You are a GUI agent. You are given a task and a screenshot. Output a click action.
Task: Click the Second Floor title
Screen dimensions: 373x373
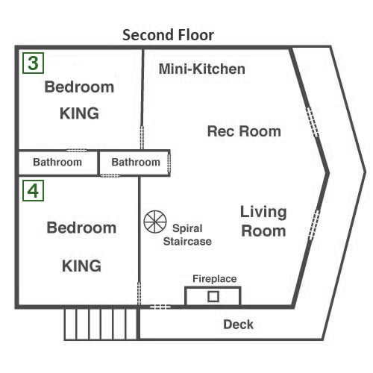click(168, 35)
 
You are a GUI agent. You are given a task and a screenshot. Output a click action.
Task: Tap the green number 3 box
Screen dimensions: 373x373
click(33, 63)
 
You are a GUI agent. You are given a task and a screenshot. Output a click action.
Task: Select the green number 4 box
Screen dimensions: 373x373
click(33, 191)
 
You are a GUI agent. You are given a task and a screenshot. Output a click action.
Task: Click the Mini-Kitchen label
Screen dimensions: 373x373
click(202, 69)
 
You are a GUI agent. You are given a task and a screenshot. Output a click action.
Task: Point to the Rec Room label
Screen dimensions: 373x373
click(244, 131)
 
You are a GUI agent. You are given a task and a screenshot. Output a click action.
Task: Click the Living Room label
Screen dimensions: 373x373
click(263, 221)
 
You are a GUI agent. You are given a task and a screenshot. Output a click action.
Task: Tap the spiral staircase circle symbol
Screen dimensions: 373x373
click(155, 222)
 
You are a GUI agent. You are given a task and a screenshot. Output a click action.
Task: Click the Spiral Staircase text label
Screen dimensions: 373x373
click(187, 235)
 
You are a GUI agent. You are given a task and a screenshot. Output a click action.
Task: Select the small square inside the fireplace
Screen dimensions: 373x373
click(213, 296)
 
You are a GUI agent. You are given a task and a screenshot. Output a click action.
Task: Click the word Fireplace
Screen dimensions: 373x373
click(215, 279)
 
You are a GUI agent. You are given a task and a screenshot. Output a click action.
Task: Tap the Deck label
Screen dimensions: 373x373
click(238, 325)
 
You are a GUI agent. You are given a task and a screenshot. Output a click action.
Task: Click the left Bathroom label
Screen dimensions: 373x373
click(57, 162)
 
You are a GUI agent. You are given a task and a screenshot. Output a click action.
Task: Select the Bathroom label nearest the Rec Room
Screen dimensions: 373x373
click(136, 162)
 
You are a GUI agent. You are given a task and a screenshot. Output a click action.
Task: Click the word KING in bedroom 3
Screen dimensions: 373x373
click(79, 113)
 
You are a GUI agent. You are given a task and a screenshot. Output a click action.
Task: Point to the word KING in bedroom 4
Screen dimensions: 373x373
click(81, 266)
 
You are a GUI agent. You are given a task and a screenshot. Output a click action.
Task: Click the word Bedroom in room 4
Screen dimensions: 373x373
click(81, 228)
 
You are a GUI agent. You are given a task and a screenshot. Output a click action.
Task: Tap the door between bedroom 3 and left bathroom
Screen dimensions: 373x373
click(77, 151)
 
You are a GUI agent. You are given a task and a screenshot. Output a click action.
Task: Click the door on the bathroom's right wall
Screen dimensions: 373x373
click(169, 163)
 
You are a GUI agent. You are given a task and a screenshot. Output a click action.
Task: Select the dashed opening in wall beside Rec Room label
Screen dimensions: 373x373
click(313, 122)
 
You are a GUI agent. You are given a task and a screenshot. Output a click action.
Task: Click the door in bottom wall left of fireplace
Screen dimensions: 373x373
click(160, 307)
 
